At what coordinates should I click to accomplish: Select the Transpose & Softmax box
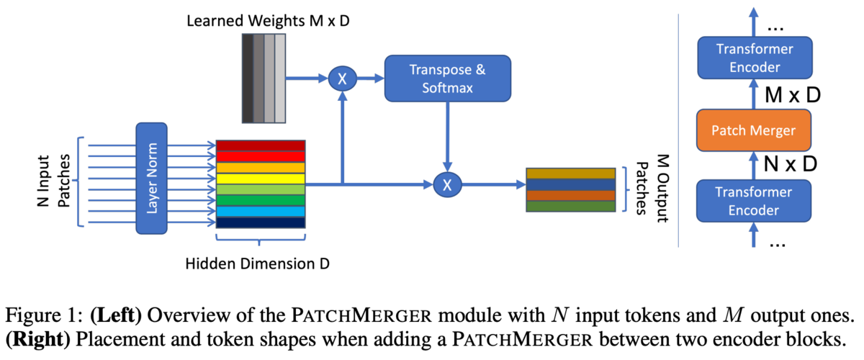pyautogui.click(x=447, y=78)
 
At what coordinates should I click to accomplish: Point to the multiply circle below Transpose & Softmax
pyautogui.click(x=446, y=185)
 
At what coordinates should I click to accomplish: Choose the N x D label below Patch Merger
pyautogui.click(x=789, y=164)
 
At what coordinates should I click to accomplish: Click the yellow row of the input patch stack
pyautogui.click(x=261, y=178)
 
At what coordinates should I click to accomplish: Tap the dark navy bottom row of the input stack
pyautogui.click(x=261, y=222)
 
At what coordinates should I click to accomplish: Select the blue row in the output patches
pyautogui.click(x=571, y=184)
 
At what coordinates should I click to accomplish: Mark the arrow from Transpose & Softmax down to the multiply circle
pyautogui.click(x=447, y=137)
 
